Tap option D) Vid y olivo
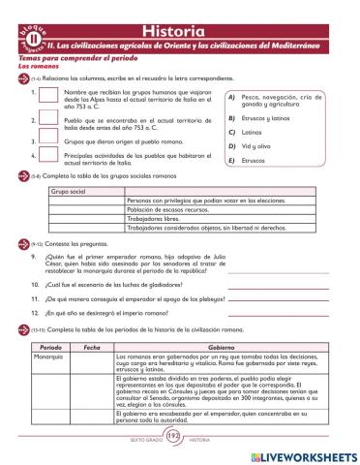[x=256, y=145]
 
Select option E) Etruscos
[x=253, y=160]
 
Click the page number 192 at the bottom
[x=174, y=439]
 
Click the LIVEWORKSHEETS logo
[x=299, y=453]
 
